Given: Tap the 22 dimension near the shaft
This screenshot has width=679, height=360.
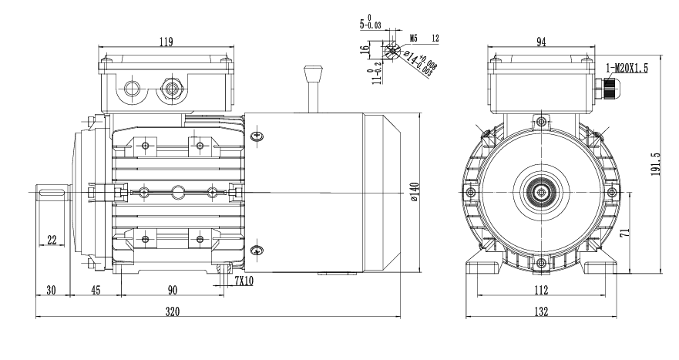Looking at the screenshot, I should coord(52,241).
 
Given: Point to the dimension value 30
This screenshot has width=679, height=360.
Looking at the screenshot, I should coord(52,290).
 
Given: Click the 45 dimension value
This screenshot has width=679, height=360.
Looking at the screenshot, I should coord(96,290).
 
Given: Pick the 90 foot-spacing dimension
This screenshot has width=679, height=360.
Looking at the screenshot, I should coord(173,290).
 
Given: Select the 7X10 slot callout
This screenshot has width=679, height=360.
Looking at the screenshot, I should coord(244,282).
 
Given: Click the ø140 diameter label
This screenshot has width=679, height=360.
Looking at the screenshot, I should coord(415,192).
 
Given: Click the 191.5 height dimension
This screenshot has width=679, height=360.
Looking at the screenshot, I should coord(655,163).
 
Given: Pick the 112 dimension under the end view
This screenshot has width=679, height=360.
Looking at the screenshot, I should coord(541,290).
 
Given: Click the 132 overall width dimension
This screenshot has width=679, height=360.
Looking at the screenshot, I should coord(541,311).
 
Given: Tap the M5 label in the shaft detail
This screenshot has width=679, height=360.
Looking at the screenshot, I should coord(413,36).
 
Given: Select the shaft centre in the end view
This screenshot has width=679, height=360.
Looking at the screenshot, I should coord(542,191).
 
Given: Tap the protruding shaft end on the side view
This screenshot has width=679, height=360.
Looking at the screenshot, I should coord(54,191).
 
